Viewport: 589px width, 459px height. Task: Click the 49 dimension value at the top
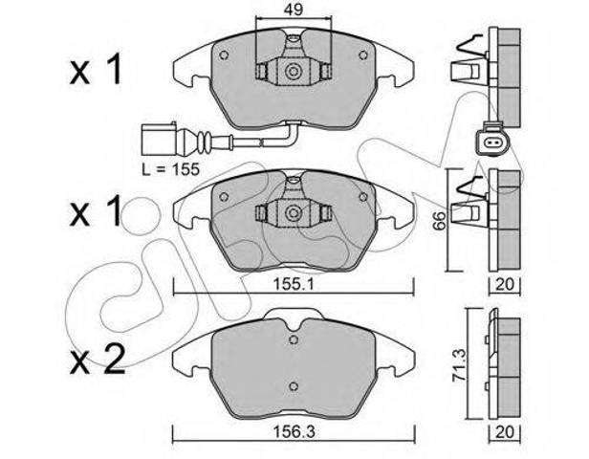click(294, 9)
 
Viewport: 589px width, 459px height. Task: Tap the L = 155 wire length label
click(170, 169)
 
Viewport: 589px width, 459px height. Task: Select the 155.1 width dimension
click(293, 284)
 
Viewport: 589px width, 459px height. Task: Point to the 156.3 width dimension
click(293, 432)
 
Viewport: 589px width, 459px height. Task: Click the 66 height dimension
click(439, 221)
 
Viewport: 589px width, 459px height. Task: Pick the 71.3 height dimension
click(459, 365)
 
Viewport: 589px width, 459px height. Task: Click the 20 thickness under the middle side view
click(505, 284)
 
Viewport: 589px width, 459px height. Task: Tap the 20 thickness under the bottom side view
click(505, 432)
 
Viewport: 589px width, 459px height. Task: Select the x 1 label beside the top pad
click(96, 69)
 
